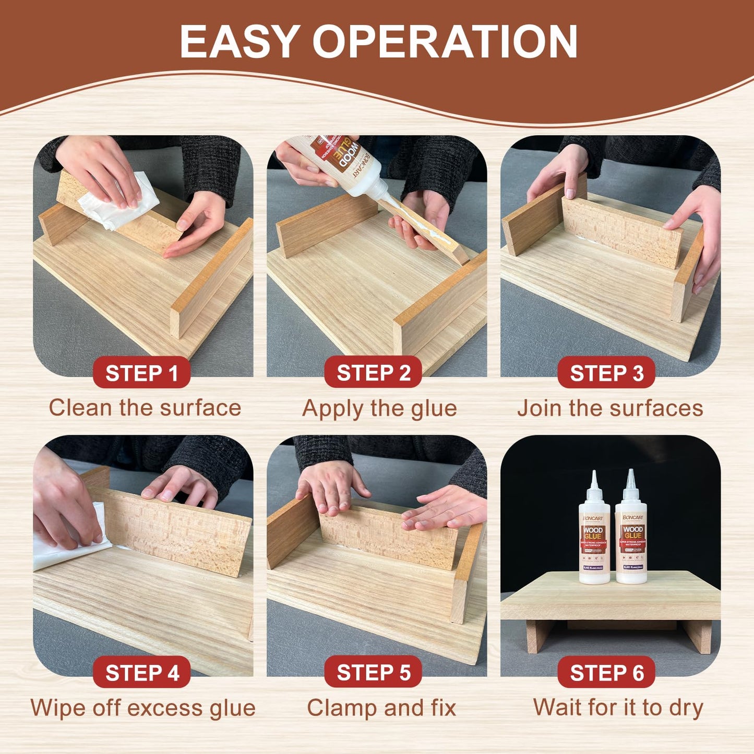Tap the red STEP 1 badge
141,373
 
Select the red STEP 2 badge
373,373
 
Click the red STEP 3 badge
606,373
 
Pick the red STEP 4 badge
141,673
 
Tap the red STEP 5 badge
373,673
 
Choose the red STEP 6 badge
606,673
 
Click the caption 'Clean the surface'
145,408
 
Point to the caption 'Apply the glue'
379,409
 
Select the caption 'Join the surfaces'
610,408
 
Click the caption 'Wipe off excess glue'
143,708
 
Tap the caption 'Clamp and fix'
381,708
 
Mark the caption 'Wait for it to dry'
618,708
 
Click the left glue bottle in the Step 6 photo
594,537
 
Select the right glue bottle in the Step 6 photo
631,537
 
